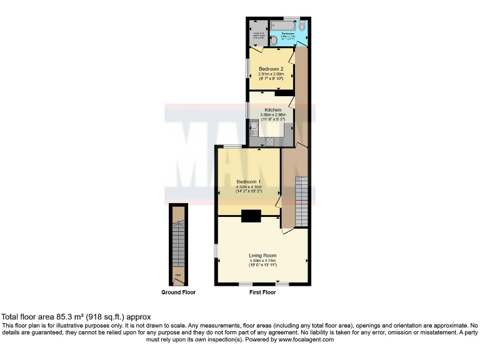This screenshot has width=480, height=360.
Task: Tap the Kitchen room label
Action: (273, 110)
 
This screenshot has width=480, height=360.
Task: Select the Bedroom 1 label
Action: (247, 182)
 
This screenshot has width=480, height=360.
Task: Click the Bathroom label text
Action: (288, 33)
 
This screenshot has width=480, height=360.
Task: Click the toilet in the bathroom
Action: (302, 27)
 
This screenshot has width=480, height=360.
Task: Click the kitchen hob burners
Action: (270, 141)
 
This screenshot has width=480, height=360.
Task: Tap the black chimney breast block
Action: (251, 216)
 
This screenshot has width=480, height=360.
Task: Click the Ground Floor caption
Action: (179, 292)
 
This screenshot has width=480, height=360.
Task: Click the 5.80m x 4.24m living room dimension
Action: (262, 261)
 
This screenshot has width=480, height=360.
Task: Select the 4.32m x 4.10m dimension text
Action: (247, 187)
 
